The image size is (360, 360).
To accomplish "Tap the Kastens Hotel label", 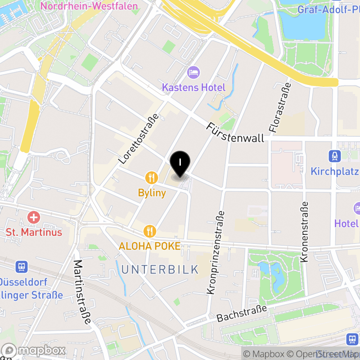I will [193, 87].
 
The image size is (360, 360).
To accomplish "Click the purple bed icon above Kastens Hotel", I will [193, 72].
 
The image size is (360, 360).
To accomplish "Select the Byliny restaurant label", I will [152, 193].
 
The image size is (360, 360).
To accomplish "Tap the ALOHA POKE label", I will [149, 246].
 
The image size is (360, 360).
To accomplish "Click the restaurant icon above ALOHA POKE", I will [149, 231].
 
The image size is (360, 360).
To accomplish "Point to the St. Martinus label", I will [34, 232].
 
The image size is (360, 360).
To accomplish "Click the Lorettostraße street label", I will [139, 138].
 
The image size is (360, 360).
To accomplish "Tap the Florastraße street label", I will [279, 108].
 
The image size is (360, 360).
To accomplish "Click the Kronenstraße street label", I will [305, 232].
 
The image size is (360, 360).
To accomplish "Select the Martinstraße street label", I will [82, 292].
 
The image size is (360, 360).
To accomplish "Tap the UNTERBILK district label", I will [160, 270].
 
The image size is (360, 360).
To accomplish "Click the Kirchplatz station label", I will [334, 171].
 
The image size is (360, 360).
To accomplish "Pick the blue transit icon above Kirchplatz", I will [334, 156].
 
